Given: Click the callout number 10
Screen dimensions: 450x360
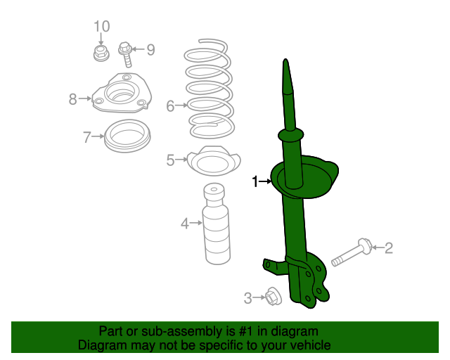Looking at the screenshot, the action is click(x=102, y=27).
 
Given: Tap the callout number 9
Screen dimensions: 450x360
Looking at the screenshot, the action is click(x=150, y=50).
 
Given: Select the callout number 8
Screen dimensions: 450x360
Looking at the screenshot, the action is click(x=73, y=99).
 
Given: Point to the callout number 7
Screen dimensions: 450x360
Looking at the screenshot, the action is click(x=87, y=137).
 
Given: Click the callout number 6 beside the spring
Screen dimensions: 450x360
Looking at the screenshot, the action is click(x=170, y=106).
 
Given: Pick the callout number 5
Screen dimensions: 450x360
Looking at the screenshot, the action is click(x=170, y=160).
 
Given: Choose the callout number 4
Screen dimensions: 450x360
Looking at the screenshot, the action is click(x=185, y=224).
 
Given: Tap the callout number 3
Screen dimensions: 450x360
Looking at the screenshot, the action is click(x=247, y=298).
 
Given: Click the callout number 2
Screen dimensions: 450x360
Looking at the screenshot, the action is click(x=389, y=248).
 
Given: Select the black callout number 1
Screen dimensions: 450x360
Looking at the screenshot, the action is click(x=255, y=181).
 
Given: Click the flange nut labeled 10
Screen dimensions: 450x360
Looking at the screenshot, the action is click(x=101, y=53).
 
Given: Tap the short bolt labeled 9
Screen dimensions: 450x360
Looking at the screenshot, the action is click(x=126, y=55).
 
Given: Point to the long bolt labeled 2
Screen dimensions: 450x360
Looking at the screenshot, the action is click(x=352, y=252).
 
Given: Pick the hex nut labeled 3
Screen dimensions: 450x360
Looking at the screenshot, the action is click(x=274, y=296).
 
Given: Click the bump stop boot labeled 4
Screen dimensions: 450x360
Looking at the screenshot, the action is click(x=216, y=224).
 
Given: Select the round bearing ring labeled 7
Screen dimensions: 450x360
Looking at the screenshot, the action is click(x=127, y=136).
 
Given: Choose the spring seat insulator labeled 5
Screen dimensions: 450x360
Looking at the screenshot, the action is click(x=214, y=161).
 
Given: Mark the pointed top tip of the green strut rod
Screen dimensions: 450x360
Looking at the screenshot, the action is click(x=285, y=60).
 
